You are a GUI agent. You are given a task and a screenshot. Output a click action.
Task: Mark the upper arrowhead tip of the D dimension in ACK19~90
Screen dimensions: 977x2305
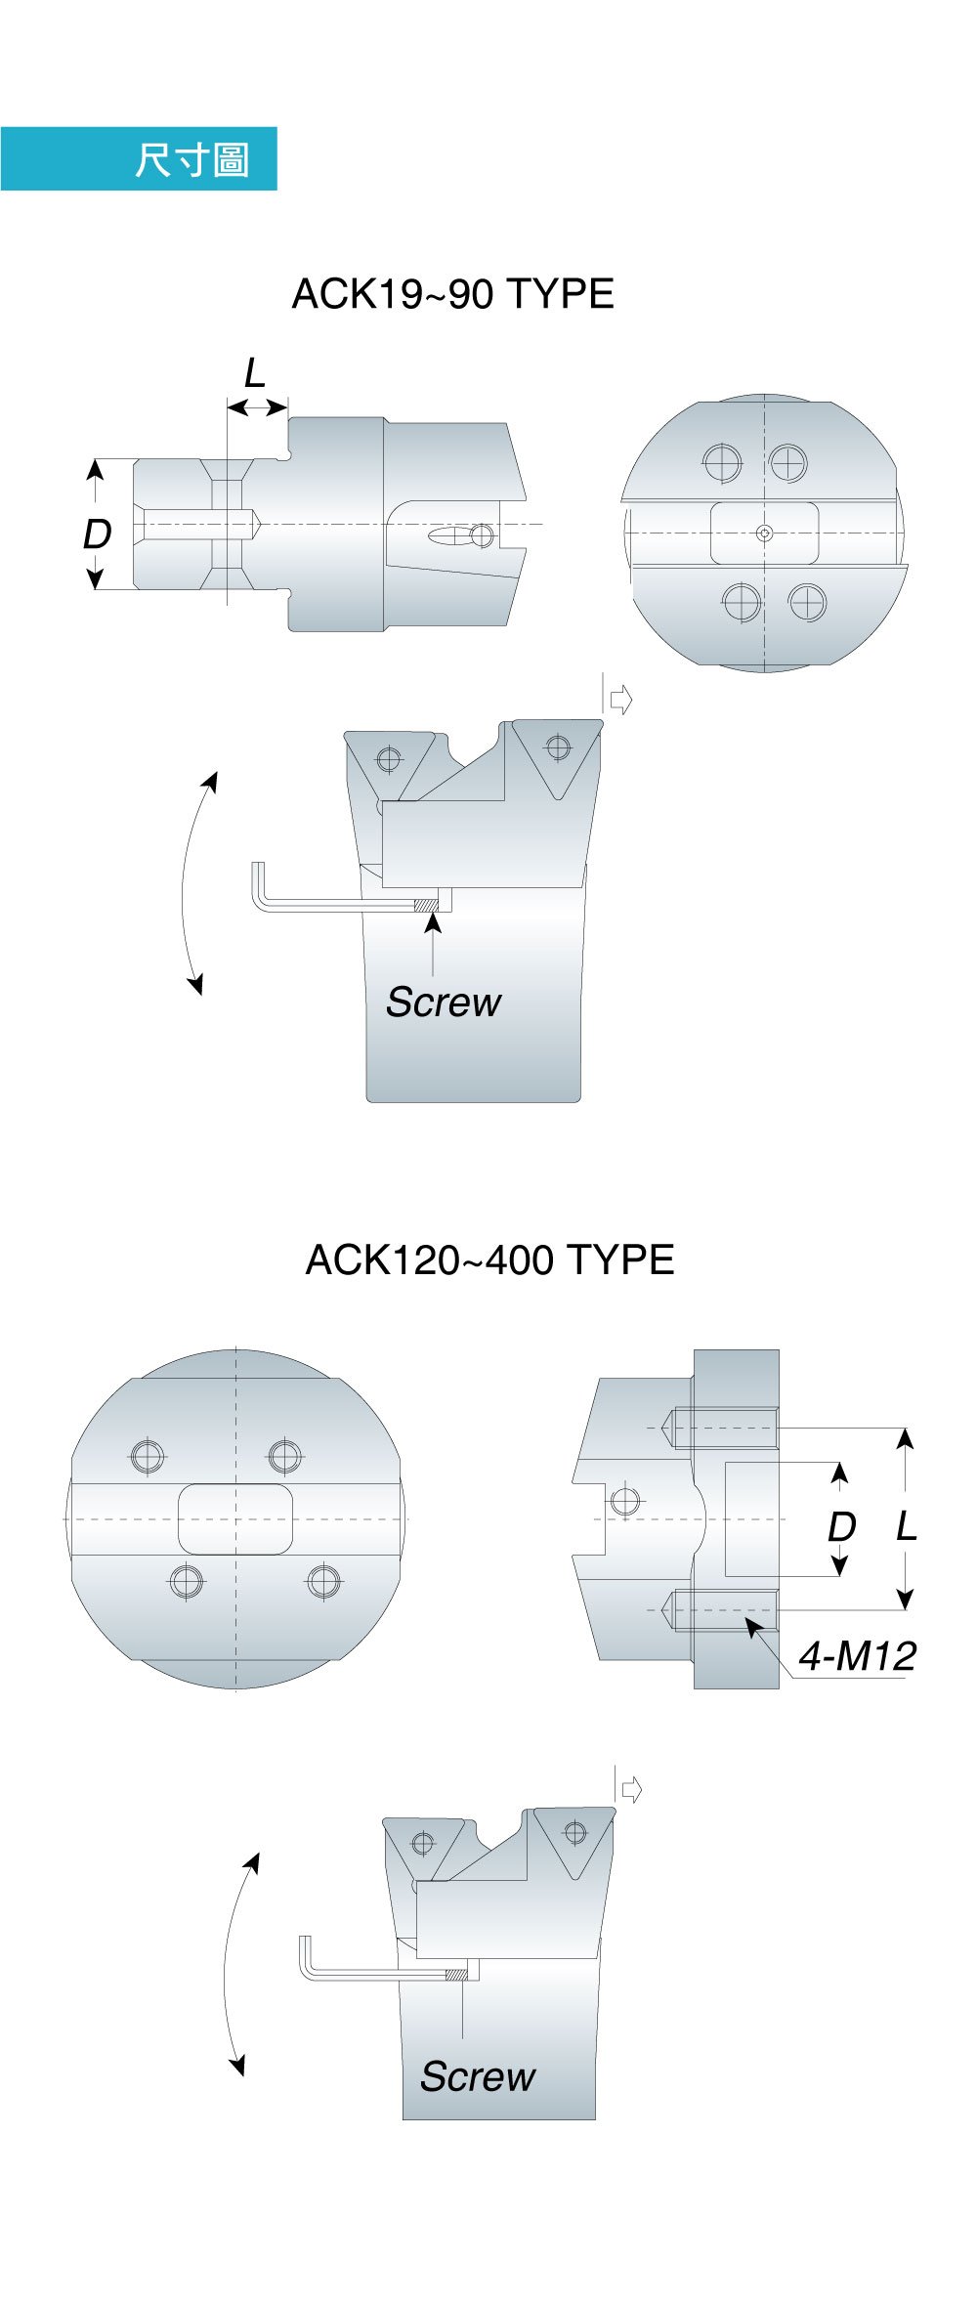95,460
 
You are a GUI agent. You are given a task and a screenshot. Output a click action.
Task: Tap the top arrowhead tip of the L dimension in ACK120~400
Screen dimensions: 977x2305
906,1429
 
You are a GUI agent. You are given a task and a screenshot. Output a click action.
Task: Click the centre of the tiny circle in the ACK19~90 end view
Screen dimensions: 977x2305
765,533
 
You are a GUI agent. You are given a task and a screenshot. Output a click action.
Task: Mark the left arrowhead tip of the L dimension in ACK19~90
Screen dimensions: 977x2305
227,406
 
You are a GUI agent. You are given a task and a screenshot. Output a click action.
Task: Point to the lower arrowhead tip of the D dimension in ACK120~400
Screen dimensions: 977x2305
838,1575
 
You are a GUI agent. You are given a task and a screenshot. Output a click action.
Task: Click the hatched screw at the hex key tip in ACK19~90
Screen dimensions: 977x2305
425,906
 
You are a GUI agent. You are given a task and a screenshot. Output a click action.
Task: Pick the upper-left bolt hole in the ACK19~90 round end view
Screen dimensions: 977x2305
722,462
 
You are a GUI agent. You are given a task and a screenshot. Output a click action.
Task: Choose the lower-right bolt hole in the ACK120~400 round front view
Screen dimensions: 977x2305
323,1581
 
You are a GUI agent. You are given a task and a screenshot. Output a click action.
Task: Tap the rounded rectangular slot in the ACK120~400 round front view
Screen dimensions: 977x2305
235,1519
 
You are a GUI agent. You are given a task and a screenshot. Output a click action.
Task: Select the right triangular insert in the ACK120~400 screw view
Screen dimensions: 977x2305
575,1841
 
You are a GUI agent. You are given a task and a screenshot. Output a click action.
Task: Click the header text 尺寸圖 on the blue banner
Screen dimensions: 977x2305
192,159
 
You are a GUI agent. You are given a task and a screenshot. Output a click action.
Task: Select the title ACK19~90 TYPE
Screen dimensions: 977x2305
453,294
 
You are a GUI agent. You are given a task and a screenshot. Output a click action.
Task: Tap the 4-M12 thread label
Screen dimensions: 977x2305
857,1656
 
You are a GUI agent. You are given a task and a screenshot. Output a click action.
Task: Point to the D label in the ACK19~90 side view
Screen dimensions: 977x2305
97,534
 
